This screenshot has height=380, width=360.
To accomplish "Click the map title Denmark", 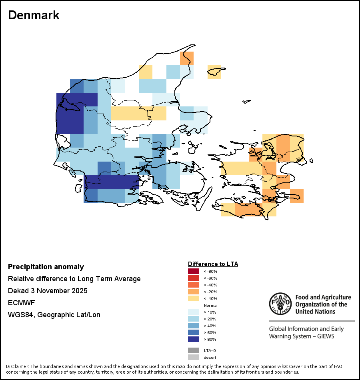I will click(x=34, y=15).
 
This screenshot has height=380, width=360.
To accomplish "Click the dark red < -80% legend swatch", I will click(x=194, y=272).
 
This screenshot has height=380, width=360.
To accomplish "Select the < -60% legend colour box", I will click(x=194, y=278).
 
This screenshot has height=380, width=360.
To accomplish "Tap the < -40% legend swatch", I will click(x=194, y=285).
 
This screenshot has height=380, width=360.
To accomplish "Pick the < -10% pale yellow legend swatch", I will click(x=194, y=299).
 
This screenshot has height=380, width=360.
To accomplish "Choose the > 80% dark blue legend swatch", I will click(x=194, y=339).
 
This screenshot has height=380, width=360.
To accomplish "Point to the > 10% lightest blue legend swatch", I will click(x=194, y=312).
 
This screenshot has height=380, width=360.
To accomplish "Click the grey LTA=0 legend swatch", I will click(x=194, y=350).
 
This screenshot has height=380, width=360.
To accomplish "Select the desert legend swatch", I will click(x=194, y=357).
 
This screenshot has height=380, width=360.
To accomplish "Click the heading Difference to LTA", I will click(x=213, y=264).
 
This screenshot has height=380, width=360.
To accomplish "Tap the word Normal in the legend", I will click(x=210, y=306).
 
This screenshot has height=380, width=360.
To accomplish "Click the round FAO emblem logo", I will click(x=280, y=304).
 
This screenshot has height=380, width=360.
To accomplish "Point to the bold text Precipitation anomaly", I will click(x=46, y=267).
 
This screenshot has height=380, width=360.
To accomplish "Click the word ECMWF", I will click(x=21, y=303).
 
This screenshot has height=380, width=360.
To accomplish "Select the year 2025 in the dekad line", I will click(x=79, y=291).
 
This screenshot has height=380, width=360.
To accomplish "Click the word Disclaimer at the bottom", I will click(x=17, y=366).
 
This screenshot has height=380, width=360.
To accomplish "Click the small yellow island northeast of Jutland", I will click(x=214, y=71).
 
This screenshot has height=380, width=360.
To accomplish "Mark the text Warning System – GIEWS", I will click(x=302, y=336).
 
